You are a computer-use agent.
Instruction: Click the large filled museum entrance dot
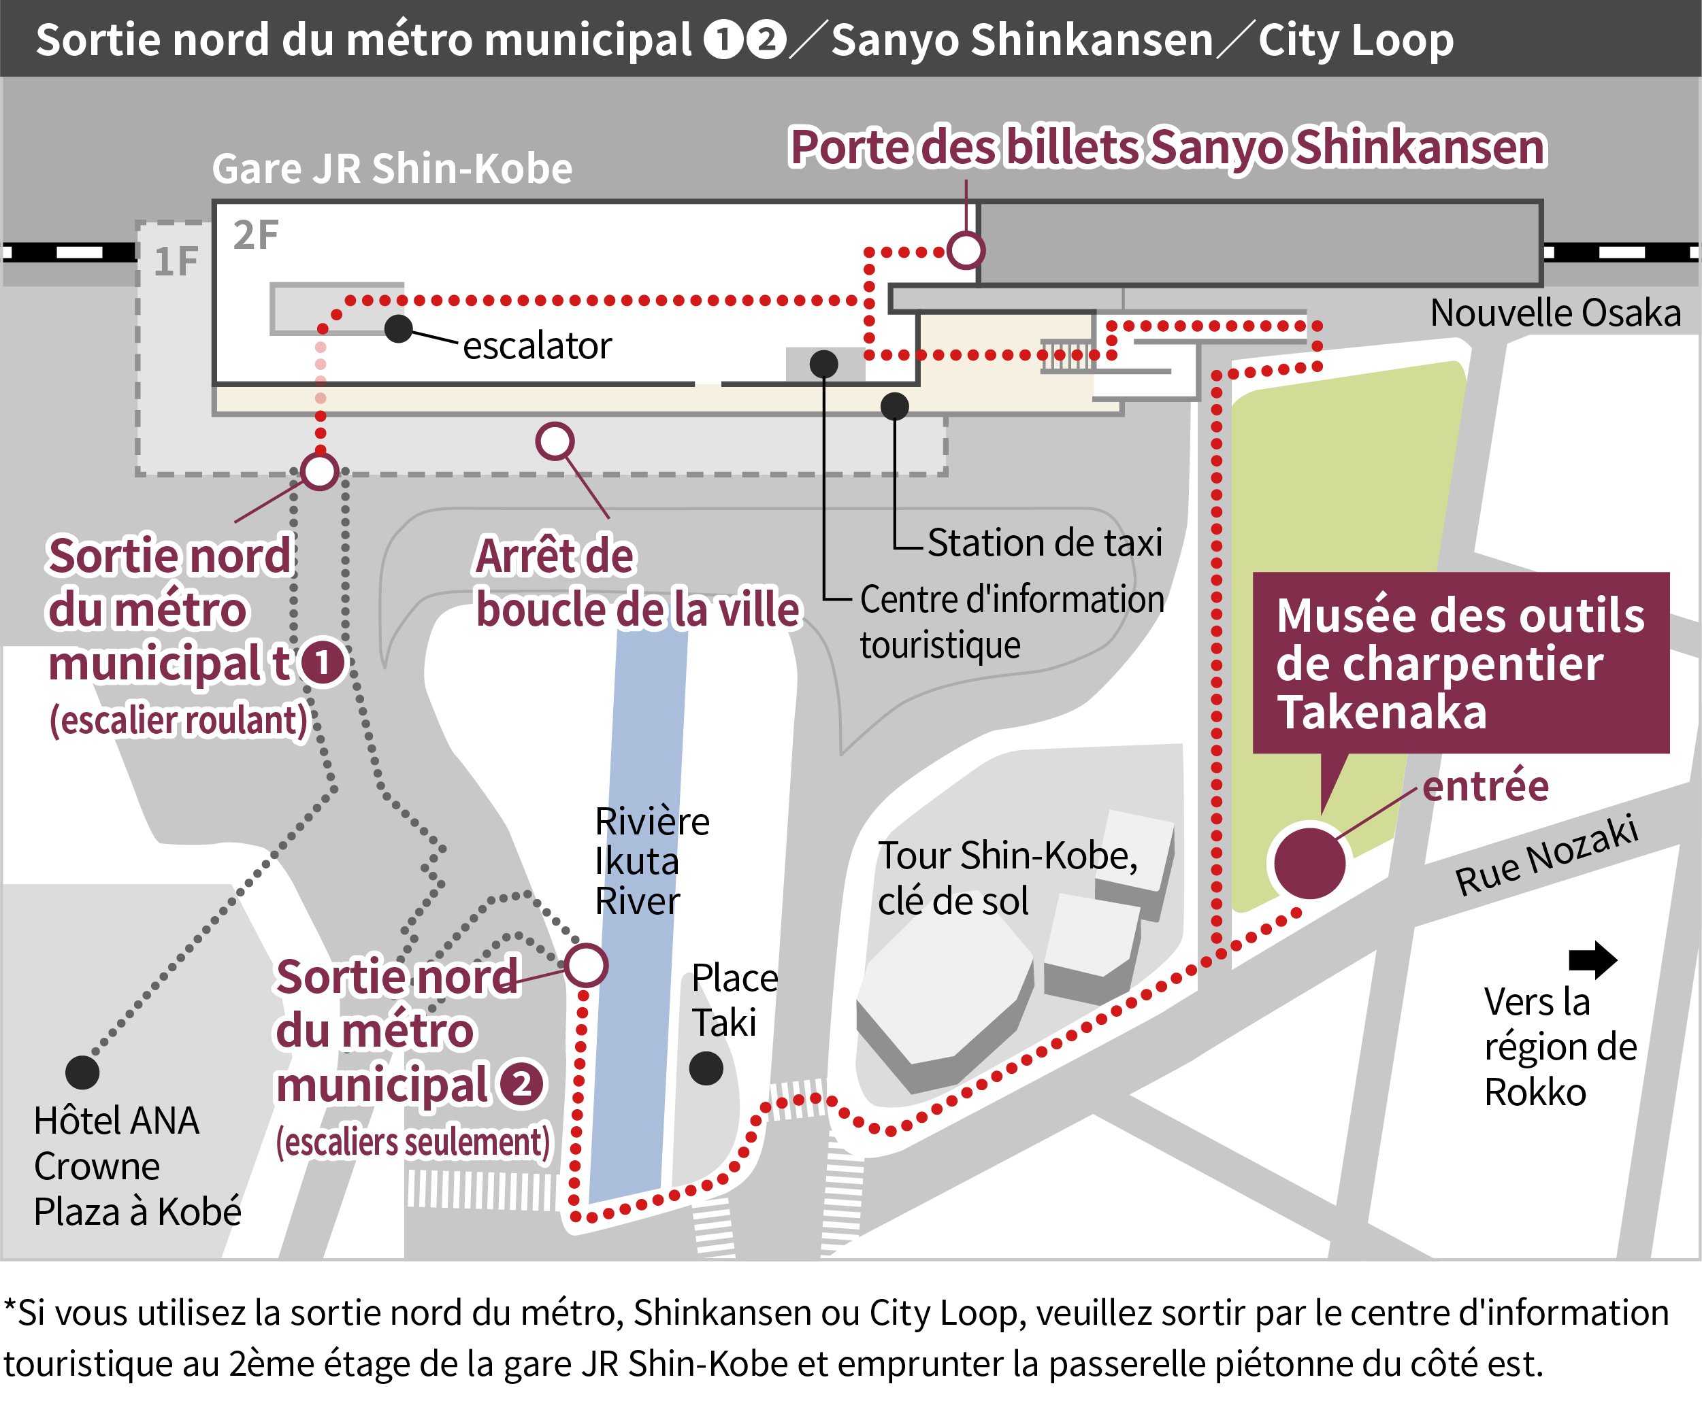pyautogui.click(x=1309, y=862)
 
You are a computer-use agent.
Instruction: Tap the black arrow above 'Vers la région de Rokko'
pyautogui.click(x=1592, y=960)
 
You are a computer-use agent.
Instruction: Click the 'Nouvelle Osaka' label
pyautogui.click(x=1555, y=313)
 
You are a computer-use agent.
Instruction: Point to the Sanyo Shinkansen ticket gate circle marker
pyautogui.click(x=966, y=250)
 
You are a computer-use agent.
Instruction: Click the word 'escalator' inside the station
pyautogui.click(x=537, y=346)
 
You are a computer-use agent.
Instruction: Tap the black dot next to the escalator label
pyautogui.click(x=398, y=328)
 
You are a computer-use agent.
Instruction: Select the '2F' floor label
pyautogui.click(x=255, y=235)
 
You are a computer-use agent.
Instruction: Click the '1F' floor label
pyautogui.click(x=176, y=261)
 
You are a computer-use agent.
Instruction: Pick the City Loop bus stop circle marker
pyautogui.click(x=555, y=441)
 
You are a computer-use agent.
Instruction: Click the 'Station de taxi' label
pyautogui.click(x=1044, y=542)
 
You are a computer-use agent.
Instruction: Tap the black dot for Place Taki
pyautogui.click(x=706, y=1068)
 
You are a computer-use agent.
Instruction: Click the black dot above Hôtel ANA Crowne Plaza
pyautogui.click(x=82, y=1072)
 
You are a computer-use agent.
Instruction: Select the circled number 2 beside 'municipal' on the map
pyautogui.click(x=521, y=1084)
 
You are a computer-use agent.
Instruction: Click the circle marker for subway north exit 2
pyautogui.click(x=586, y=965)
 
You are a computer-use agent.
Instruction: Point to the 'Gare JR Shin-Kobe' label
pyautogui.click(x=392, y=168)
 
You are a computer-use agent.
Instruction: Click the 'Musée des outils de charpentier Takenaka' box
pyautogui.click(x=1460, y=662)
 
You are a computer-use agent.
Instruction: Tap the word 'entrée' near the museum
pyautogui.click(x=1486, y=785)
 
